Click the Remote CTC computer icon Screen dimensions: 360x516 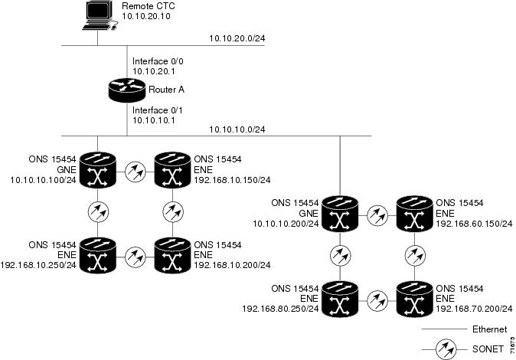[x=97, y=16]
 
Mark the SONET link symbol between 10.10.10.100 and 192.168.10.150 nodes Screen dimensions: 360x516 [x=136, y=169]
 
